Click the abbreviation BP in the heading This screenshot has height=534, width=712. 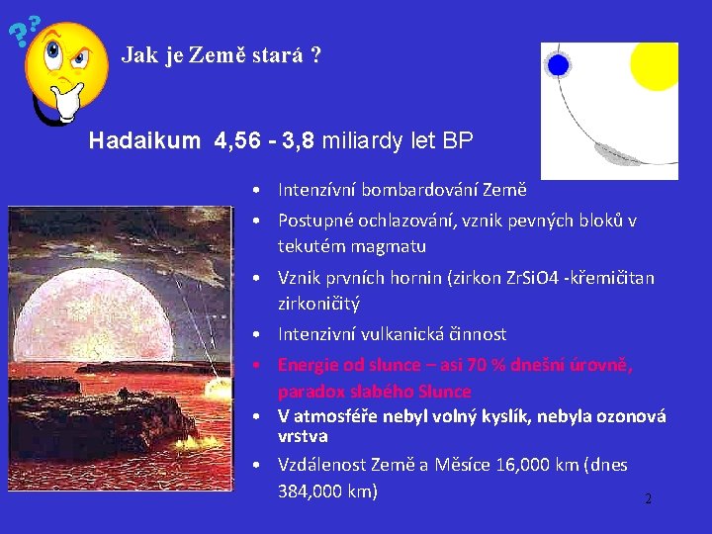tap(457, 141)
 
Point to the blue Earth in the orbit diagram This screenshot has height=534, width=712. tap(559, 66)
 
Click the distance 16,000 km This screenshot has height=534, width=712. tap(512, 465)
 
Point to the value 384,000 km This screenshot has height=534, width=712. tap(327, 490)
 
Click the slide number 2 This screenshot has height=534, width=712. tap(648, 499)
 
